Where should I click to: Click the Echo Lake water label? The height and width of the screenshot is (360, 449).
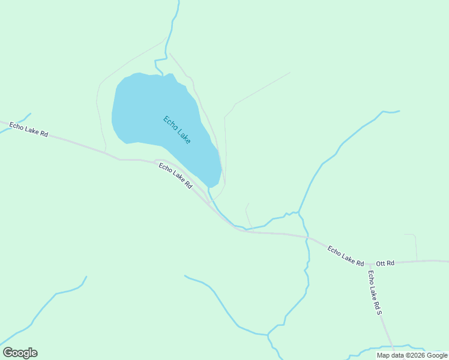[177, 129]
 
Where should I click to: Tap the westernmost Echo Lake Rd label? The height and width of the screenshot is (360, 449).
[28, 129]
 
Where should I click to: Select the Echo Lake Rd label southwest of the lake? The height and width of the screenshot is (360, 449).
[175, 176]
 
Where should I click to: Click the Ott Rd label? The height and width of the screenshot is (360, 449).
[385, 263]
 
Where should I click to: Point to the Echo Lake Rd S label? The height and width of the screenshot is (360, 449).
[375, 292]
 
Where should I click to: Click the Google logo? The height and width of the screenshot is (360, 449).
[20, 353]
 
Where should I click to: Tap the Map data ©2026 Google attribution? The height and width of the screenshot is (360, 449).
[412, 355]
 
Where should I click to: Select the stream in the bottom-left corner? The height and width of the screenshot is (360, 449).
[42, 309]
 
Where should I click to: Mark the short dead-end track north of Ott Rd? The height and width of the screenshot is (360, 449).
[415, 246]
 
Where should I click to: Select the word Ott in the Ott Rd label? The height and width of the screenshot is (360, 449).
[381, 263]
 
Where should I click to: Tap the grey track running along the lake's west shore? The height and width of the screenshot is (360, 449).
[99, 114]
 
